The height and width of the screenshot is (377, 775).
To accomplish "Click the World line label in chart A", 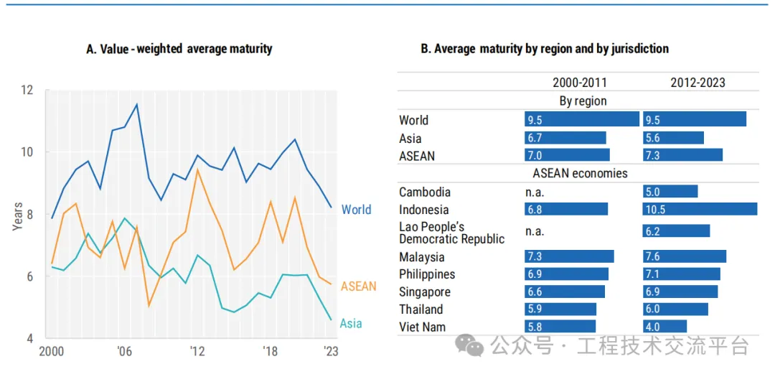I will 356,210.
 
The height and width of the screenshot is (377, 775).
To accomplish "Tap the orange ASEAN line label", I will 358,287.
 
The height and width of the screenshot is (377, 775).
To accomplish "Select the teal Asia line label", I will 351,323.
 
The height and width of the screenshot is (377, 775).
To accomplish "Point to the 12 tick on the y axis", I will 27,90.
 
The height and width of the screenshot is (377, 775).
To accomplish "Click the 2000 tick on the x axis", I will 52,351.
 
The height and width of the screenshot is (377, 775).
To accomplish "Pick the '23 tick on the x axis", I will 331,351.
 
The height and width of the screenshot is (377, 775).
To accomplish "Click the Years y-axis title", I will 17,213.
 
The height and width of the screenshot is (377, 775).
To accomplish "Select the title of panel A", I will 179,49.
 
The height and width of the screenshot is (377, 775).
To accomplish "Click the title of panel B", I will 544,49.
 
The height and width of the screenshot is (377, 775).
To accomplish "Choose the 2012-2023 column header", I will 697,83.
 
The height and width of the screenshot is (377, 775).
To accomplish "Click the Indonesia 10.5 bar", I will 700,209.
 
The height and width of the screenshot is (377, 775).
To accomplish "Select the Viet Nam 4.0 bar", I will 665,327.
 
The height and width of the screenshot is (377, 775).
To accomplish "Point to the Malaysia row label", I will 422,257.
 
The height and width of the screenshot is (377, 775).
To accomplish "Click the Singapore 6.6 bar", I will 565,292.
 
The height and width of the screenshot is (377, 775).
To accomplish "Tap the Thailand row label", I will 421,309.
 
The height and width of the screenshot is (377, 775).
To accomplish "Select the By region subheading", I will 583,101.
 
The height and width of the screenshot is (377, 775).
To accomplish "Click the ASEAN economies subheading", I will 580,173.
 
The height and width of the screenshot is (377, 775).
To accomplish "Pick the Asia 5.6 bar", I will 673,138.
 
